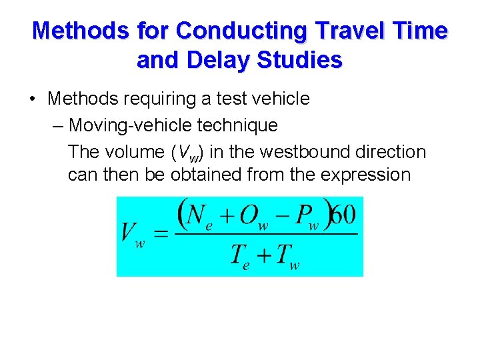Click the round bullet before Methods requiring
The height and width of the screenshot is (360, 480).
pyautogui.click(x=32, y=99)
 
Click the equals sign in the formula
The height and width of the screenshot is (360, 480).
pyautogui.click(x=159, y=233)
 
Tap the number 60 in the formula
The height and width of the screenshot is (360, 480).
pyautogui.click(x=343, y=215)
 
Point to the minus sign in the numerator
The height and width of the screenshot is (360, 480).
pyautogui.click(x=280, y=215)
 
